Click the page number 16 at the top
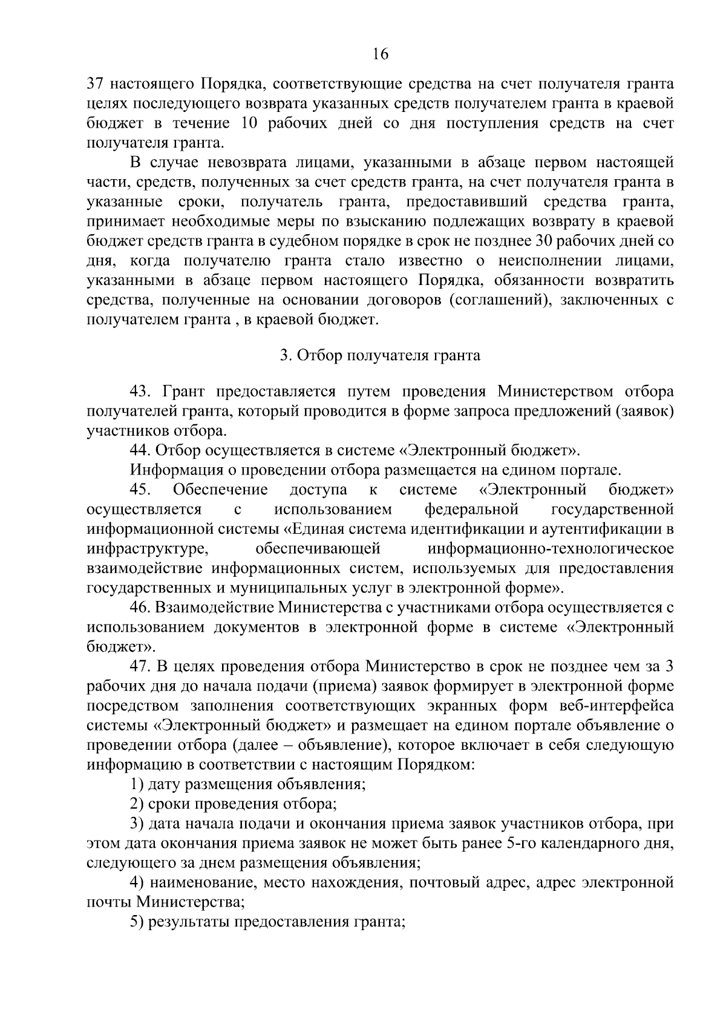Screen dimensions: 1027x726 (380, 54)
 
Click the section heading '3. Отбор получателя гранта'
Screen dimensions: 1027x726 (380, 355)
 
